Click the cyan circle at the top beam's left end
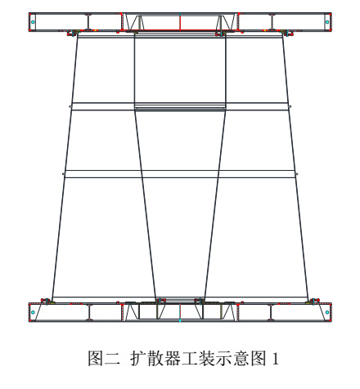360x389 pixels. click(33, 22)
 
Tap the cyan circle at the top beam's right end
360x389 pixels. click(327, 22)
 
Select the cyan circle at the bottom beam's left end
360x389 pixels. click(33, 312)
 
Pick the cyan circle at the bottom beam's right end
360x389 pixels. click(327, 312)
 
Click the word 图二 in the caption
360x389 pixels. click(104, 358)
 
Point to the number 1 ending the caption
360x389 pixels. click(276, 359)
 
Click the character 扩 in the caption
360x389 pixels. click(137, 358)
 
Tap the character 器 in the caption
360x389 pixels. click(172, 358)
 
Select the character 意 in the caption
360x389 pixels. click(241, 358)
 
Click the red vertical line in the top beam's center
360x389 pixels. click(180, 22)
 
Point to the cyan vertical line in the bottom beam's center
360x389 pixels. click(180, 313)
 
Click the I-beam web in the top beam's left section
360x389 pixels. click(88, 22)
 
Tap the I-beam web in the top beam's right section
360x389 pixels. click(272, 22)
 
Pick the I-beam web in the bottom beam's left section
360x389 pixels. click(90, 312)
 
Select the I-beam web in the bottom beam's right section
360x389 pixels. click(271, 312)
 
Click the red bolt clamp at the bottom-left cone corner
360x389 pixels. click(47, 301)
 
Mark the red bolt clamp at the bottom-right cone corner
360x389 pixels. click(313, 301)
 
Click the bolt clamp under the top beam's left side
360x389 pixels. click(72, 34)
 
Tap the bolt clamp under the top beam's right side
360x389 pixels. click(288, 34)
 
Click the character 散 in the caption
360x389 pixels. click(155, 358)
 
